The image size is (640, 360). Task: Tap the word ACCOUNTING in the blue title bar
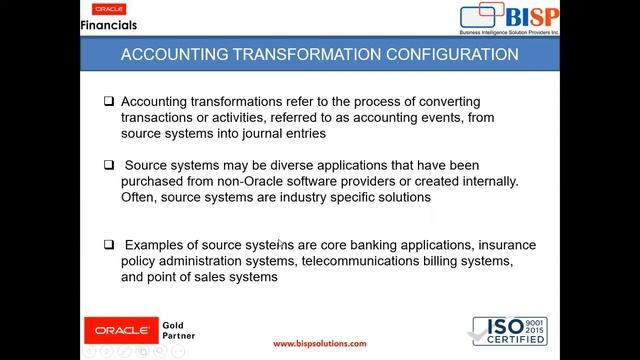coord(173,54)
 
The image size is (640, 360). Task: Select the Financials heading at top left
coord(108,24)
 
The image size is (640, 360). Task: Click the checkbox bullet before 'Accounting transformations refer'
coord(110,102)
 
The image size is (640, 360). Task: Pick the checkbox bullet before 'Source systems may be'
coord(110,165)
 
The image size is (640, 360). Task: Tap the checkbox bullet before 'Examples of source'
coord(110,244)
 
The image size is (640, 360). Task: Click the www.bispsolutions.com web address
coord(320,343)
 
